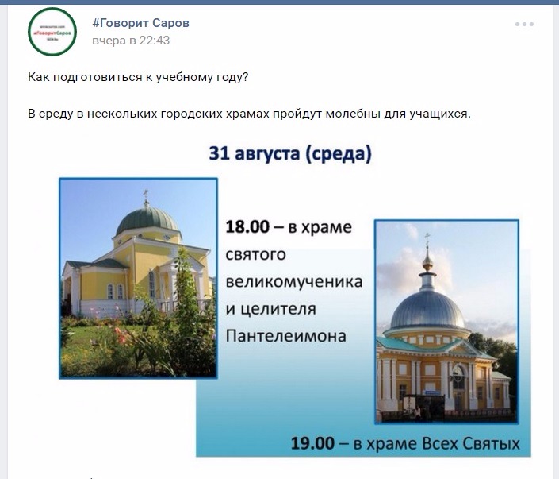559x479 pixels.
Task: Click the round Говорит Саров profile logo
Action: point(52,33)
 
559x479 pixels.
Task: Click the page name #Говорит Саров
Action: point(140,23)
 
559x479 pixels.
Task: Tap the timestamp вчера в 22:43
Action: point(131,41)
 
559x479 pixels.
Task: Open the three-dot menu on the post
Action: point(524,25)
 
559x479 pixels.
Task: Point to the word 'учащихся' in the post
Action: point(442,114)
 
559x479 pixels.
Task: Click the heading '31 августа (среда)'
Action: point(290,153)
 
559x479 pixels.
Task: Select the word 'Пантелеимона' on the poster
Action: point(286,336)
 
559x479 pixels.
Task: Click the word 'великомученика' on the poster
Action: point(294,282)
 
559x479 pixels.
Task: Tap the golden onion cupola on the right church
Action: point(427,258)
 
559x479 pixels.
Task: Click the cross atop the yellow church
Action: point(145,194)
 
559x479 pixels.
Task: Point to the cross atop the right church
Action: point(427,238)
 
